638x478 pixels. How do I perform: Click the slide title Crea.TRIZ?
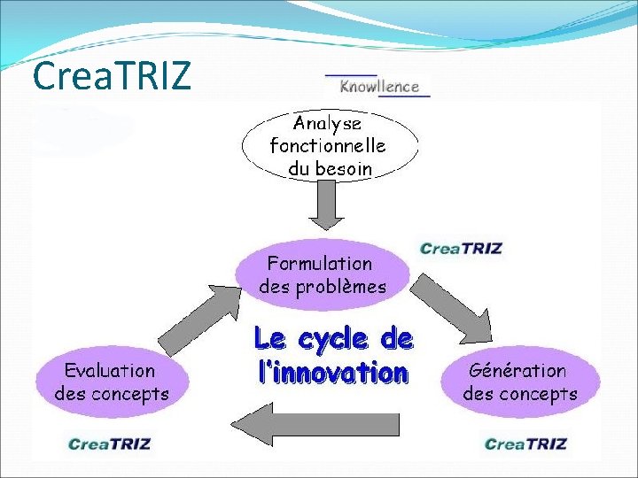(x=111, y=76)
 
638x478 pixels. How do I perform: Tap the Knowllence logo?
(x=377, y=86)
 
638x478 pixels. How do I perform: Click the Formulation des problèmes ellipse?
(x=322, y=274)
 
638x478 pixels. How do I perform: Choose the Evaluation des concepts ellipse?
(x=112, y=382)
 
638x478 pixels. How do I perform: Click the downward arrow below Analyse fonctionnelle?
(x=325, y=209)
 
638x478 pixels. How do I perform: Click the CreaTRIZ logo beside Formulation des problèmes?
(x=460, y=249)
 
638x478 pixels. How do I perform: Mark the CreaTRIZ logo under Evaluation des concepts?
(x=111, y=443)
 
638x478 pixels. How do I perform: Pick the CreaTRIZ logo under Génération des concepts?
(x=526, y=443)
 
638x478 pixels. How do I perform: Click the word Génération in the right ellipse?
(x=517, y=371)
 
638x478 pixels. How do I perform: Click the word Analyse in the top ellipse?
(x=327, y=124)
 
